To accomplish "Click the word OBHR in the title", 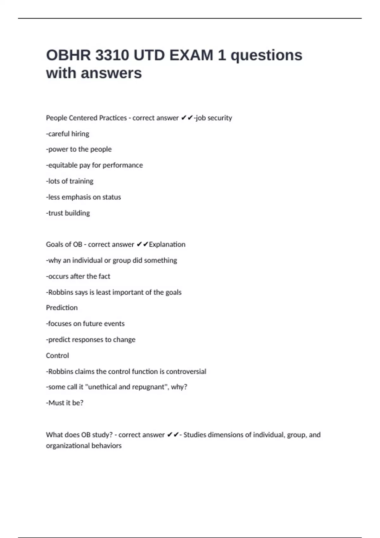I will pos(68,55).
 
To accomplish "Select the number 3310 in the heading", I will pos(112,55).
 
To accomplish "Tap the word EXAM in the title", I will pos(191,55).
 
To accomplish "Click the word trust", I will pos(55,213).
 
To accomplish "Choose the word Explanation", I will pos(167,244).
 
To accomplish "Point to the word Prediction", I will pos(62,308).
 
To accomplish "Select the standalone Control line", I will pos(57,355).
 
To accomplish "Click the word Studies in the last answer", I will pos(194,435).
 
